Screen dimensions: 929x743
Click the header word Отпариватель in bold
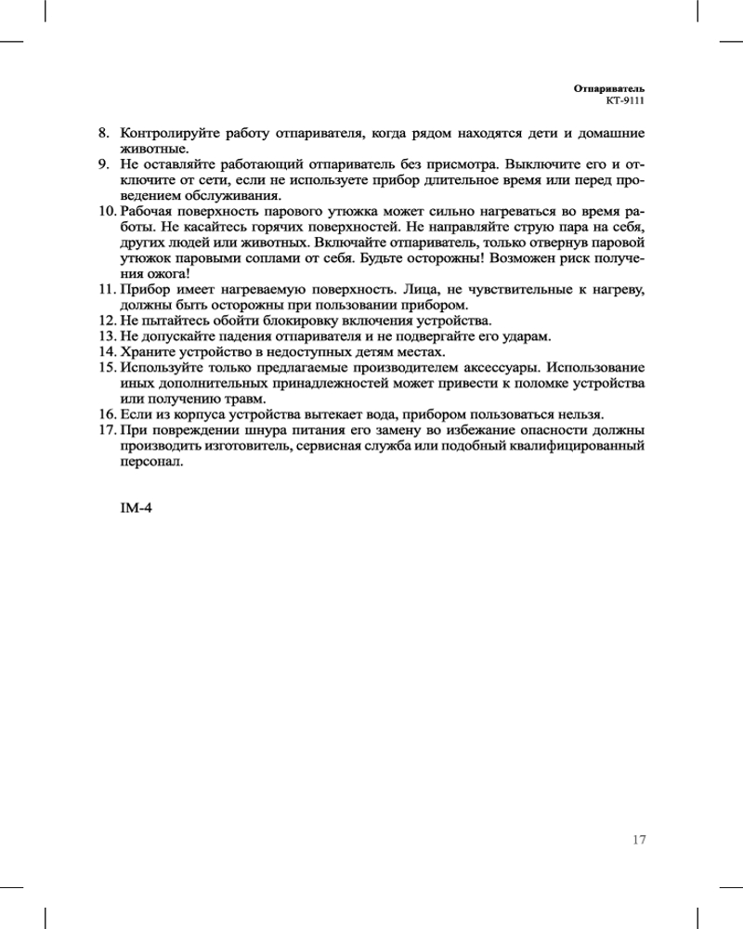click(609, 86)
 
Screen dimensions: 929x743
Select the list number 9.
click(105, 164)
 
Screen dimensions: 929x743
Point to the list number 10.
click(107, 211)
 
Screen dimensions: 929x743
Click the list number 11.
click(107, 289)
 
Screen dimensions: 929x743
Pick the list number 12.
click(107, 321)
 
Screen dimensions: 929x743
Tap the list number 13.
click(107, 336)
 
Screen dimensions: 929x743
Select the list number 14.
click(107, 352)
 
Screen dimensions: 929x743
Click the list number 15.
click(107, 368)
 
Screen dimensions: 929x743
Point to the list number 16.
click(107, 414)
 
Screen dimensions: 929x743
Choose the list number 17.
click(107, 430)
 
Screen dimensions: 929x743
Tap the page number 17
click(638, 840)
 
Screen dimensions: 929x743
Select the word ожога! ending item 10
click(167, 274)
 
